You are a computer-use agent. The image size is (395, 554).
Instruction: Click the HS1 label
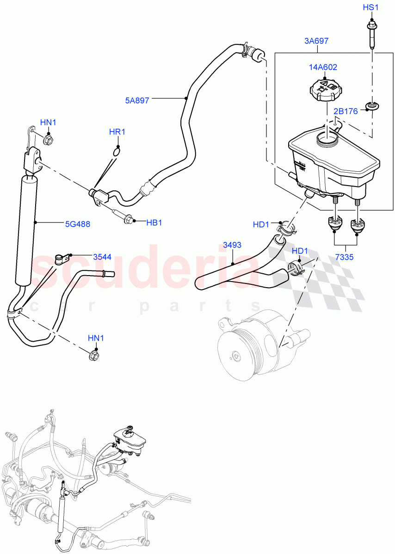tap(370, 8)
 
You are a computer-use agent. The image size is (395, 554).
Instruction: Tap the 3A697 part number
tap(316, 41)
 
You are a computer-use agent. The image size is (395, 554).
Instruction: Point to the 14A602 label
tap(323, 67)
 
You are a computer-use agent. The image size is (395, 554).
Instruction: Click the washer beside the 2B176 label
tap(371, 108)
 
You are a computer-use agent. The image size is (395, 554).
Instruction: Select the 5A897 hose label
tap(137, 100)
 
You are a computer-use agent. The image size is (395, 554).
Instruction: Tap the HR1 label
tap(117, 132)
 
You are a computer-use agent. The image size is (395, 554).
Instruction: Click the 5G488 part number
tap(77, 224)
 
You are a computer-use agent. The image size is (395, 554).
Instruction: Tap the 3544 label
tap(102, 257)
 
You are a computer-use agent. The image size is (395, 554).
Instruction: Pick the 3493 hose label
tap(232, 246)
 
